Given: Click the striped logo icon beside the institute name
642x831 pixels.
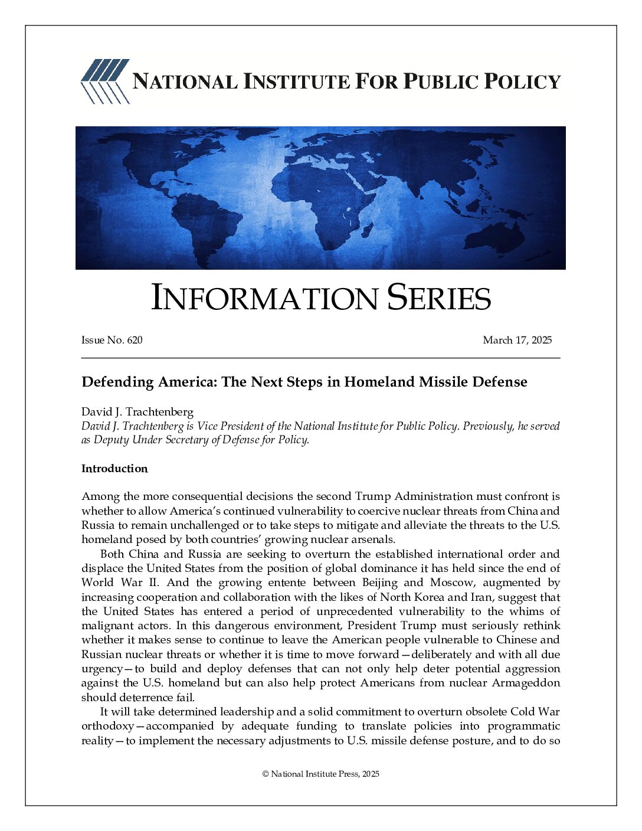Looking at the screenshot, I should click(104, 81).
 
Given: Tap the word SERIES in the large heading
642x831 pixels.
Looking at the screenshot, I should click(438, 298).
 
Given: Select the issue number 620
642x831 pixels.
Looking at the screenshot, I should click(135, 340).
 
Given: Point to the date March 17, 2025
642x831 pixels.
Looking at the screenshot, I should click(517, 340).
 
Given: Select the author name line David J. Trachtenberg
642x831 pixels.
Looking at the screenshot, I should click(137, 412).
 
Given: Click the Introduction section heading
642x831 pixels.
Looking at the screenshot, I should click(114, 469).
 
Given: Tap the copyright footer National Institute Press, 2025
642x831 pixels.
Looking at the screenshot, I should click(321, 774).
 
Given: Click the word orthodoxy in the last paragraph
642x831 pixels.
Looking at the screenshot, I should click(107, 726).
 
